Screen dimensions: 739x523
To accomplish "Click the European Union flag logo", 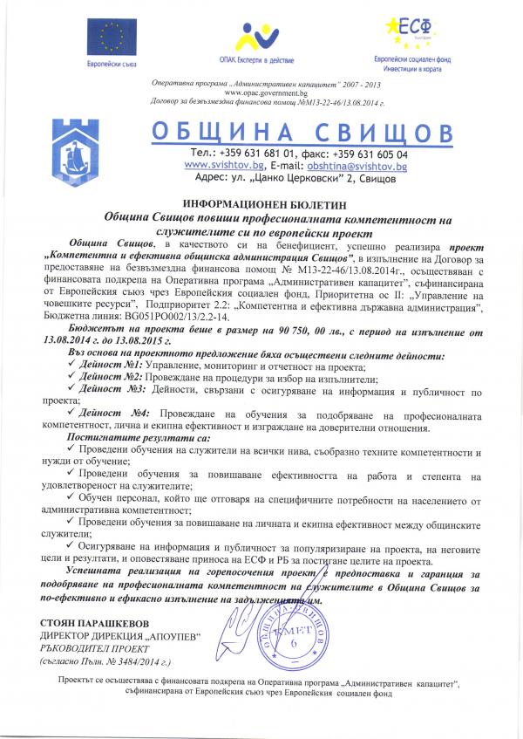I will coord(110,37).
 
